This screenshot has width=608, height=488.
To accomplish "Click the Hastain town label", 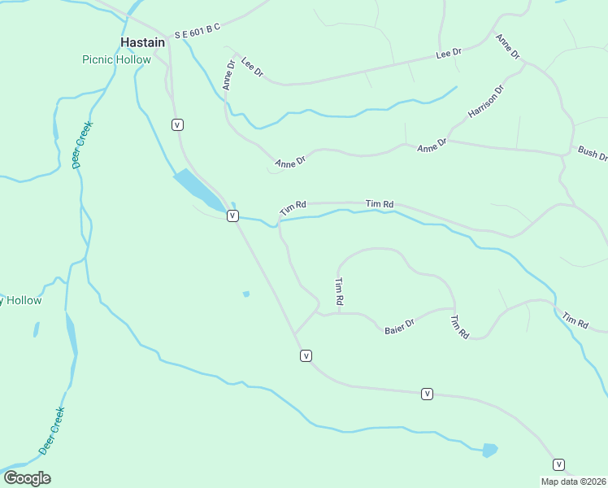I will click(142, 42).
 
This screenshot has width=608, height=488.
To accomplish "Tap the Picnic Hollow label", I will click(116, 59).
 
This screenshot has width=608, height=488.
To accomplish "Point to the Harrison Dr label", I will click(486, 101).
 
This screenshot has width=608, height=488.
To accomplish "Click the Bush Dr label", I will click(593, 153).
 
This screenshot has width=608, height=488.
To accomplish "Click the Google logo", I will click(27, 477).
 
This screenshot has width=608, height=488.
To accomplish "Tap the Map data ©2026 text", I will click(573, 481).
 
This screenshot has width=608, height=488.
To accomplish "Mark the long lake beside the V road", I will click(198, 190).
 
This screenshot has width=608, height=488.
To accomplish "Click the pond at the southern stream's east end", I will click(489, 449).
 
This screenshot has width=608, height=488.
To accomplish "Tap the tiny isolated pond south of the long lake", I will click(245, 294).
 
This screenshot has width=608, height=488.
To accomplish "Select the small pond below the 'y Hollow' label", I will click(36, 329).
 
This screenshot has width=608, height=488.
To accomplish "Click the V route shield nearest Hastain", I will click(177, 124).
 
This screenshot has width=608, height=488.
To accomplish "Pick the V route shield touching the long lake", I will click(232, 216).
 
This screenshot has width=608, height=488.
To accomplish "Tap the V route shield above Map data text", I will click(558, 464).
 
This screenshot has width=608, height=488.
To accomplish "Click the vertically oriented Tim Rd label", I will click(339, 291).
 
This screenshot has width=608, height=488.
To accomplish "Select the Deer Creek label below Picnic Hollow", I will click(84, 145).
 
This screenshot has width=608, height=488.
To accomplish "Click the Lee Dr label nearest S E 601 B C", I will click(253, 68).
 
